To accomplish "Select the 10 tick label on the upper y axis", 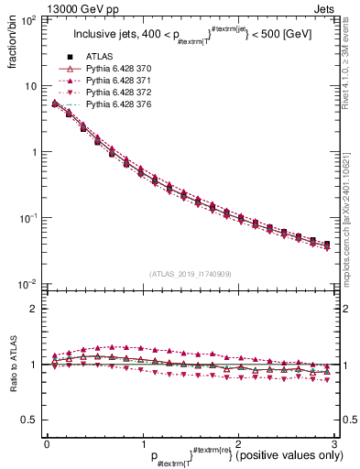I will click(x=31, y=85).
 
